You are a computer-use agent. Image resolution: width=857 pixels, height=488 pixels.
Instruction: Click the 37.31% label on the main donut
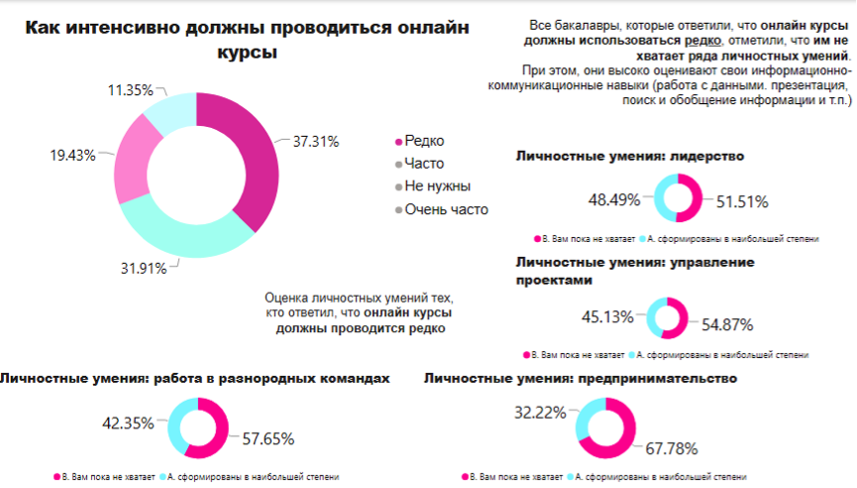click(316, 142)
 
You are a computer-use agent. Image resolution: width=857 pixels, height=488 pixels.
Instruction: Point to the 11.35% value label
click(131, 90)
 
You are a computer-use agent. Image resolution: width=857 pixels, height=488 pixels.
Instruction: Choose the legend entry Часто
click(424, 164)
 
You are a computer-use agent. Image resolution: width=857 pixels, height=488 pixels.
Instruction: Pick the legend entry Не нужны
click(437, 186)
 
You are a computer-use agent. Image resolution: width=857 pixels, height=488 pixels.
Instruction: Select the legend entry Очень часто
click(446, 209)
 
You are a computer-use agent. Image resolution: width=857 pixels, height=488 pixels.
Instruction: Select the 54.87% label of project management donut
click(727, 324)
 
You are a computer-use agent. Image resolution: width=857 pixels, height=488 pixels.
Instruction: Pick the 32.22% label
click(540, 411)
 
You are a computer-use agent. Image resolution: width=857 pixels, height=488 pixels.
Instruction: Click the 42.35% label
click(128, 424)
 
